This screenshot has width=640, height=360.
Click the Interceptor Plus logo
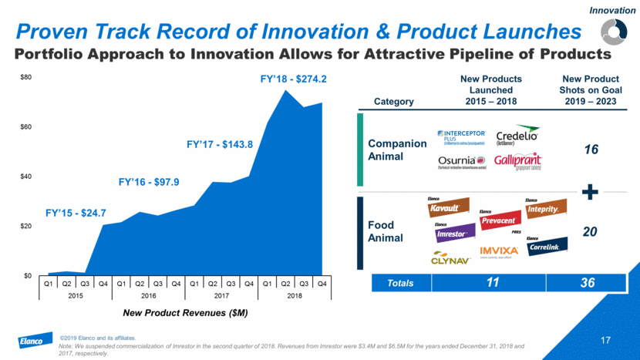tap(461, 136)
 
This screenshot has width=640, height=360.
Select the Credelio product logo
tap(518, 134)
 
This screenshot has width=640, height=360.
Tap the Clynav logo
tap(451, 257)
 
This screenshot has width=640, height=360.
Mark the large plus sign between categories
tap(591, 193)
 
